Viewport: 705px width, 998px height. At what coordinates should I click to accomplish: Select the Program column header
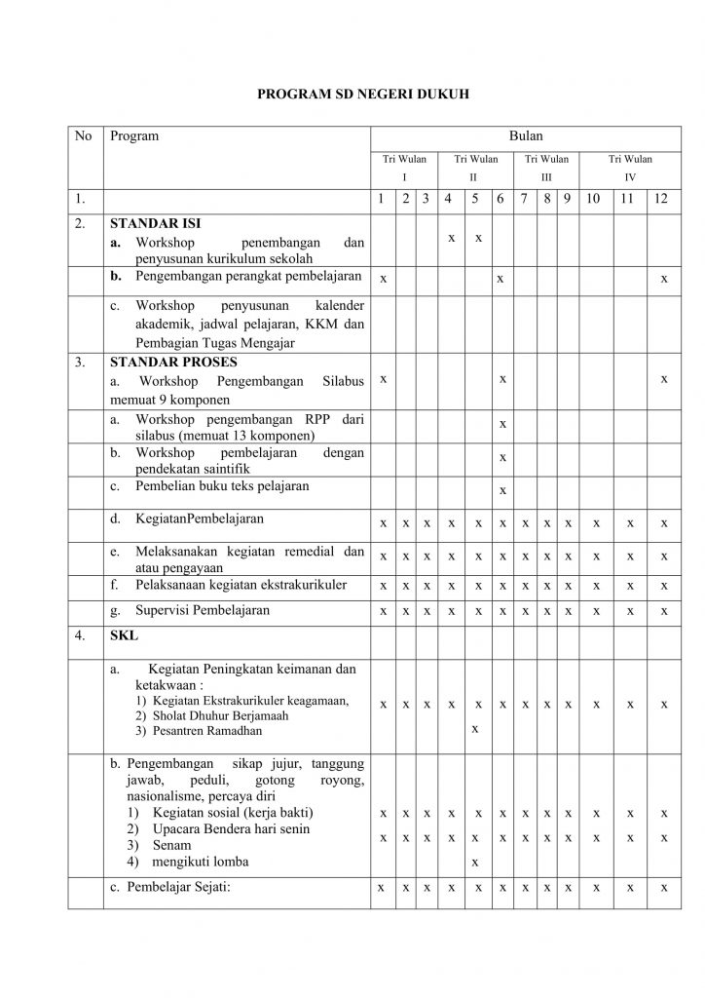134,136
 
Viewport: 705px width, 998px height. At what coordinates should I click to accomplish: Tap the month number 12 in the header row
662,200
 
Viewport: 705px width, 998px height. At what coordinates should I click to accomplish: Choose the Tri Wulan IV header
630,168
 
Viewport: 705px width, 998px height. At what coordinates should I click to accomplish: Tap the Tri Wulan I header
403,168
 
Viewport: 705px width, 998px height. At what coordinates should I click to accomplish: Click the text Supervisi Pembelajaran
202,611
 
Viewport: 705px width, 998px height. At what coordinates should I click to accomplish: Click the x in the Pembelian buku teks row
501,490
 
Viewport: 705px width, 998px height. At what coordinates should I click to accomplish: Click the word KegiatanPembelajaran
200,518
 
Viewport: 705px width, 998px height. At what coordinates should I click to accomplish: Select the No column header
84,136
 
